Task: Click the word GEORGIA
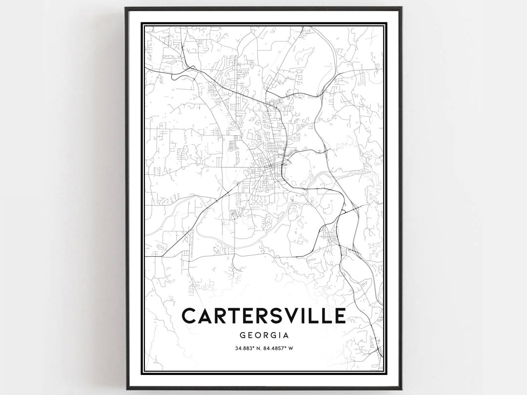pos(263,335)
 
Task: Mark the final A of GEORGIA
pos(286,335)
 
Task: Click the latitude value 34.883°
pos(243,348)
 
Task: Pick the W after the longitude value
pos(290,348)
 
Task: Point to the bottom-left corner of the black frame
pos(126,389)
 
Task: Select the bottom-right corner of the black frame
pos(401,389)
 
